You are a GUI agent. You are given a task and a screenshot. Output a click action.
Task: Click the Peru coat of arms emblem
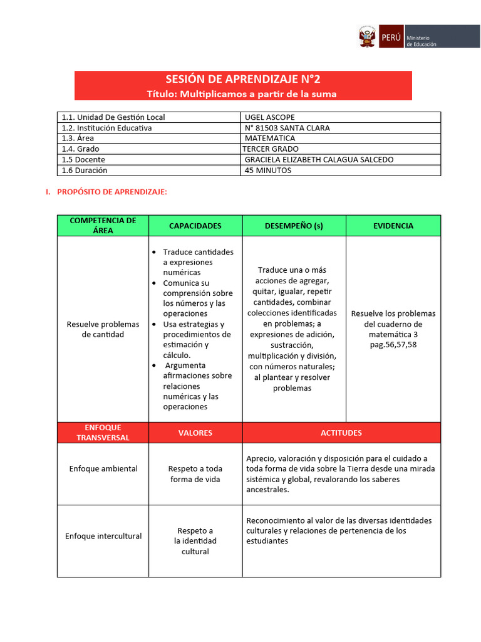tap(367, 36)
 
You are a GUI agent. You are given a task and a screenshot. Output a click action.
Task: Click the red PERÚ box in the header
tap(391, 37)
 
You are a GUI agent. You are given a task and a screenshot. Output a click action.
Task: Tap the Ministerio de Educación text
tap(422, 41)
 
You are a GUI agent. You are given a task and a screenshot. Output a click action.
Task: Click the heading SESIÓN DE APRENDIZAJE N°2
tap(243, 80)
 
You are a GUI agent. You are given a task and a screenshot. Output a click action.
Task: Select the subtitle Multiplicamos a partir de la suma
tap(242, 94)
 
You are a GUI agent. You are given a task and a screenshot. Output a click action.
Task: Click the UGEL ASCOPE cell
tap(270, 117)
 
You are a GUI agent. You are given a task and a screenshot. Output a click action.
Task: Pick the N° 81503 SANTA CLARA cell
tap(287, 128)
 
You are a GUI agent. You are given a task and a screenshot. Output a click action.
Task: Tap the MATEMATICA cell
tap(270, 139)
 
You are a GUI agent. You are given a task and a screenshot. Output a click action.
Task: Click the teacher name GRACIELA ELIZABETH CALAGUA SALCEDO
tap(319, 160)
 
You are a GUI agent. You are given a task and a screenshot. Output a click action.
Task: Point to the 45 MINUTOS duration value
tap(268, 171)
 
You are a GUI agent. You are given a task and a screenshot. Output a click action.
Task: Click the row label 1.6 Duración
tap(85, 171)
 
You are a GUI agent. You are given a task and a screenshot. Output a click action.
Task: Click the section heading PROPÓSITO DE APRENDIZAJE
tap(112, 192)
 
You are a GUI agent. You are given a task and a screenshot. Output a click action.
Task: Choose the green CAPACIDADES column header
tap(195, 226)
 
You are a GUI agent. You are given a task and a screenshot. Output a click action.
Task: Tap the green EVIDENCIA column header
tap(393, 226)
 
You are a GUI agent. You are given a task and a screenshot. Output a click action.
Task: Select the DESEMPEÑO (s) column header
tap(294, 226)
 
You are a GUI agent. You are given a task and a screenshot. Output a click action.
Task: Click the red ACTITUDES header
tap(341, 433)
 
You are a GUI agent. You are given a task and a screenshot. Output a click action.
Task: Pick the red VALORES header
tap(195, 433)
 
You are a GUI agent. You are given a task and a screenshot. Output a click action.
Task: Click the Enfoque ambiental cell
tap(103, 469)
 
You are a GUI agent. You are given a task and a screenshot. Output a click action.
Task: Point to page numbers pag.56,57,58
tap(393, 345)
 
